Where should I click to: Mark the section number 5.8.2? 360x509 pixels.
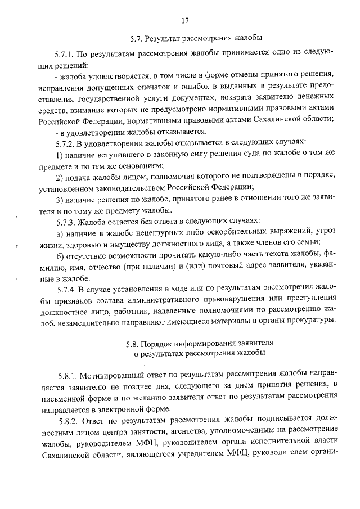69,420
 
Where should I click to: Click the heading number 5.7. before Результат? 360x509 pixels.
136,39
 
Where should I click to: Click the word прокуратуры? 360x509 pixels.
313,321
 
